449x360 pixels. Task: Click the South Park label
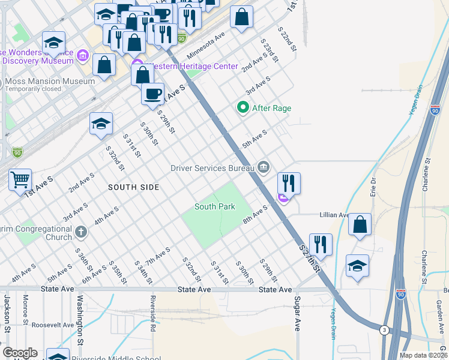tap(214, 206)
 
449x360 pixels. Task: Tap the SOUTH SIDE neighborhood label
tap(133, 187)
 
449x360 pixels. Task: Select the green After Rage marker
tap(243, 108)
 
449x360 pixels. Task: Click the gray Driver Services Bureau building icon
tap(263, 167)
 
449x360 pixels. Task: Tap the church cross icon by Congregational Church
tap(82, 231)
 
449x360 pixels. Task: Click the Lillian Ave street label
tap(335, 215)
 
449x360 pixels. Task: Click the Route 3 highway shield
tap(384, 329)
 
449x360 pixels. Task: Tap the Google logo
tap(19, 353)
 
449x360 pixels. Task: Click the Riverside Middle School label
tap(116, 358)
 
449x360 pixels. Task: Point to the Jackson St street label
tap(7, 313)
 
